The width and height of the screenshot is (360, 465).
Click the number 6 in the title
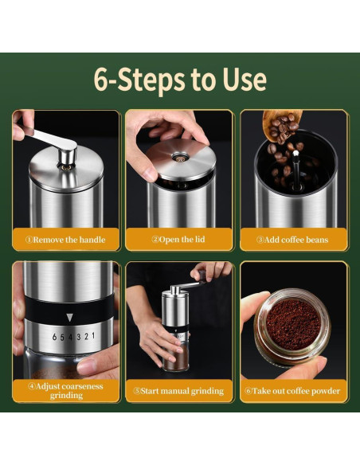coord(102,80)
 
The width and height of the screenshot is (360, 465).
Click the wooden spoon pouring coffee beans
coord(281,123)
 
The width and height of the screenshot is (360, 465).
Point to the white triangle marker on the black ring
coord(69,318)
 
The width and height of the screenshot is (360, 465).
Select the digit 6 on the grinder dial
coord(55,337)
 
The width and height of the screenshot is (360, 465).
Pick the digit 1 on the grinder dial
coord(93,336)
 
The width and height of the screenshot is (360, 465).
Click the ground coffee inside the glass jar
coord(293,324)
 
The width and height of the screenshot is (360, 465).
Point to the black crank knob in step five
coord(202,275)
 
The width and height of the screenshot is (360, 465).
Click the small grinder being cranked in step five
coord(175,328)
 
